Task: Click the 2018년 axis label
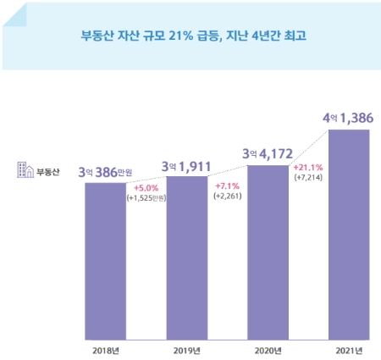(104, 349)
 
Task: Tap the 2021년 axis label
(346, 349)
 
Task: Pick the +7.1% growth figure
(227, 186)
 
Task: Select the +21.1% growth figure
(307, 167)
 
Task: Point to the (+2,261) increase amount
(227, 197)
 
